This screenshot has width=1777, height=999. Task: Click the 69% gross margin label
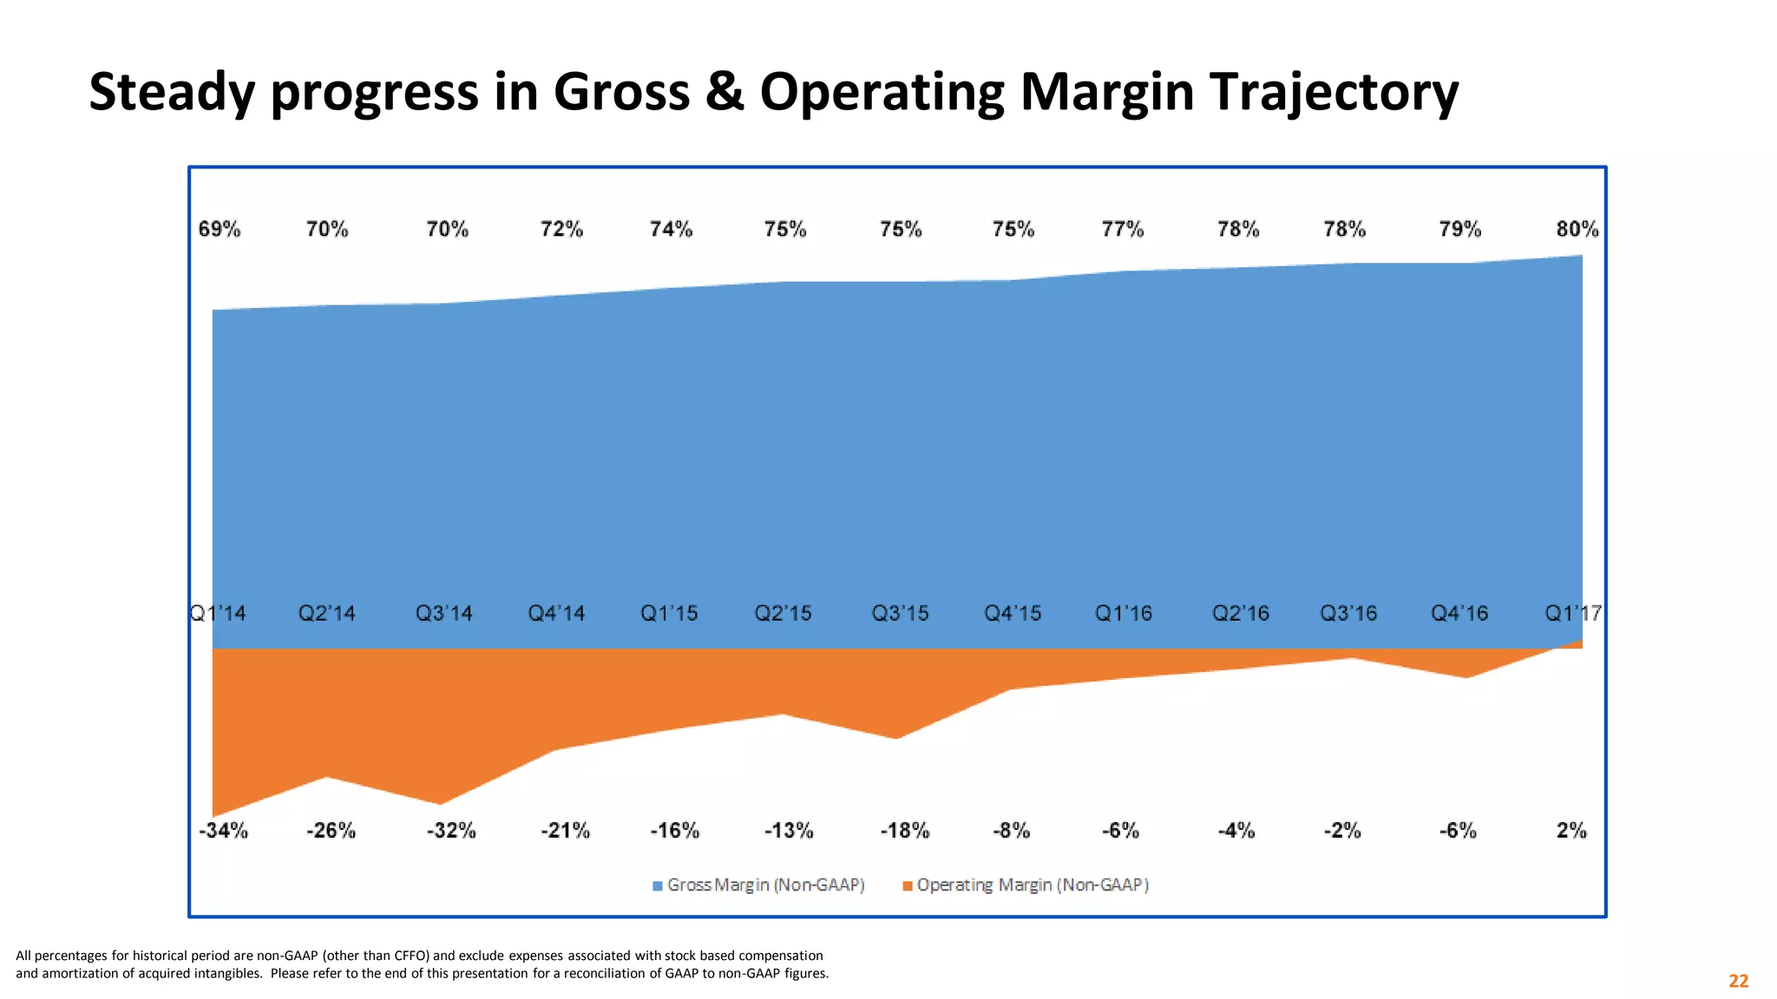pyautogui.click(x=220, y=229)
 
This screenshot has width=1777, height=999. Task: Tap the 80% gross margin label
pyautogui.click(x=1577, y=229)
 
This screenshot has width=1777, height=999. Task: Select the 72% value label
pyautogui.click(x=561, y=229)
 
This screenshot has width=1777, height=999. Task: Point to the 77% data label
pyautogui.click(x=1123, y=229)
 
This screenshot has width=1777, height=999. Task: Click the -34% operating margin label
pyautogui.click(x=224, y=831)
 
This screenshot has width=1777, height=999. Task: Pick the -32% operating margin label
pyautogui.click(x=451, y=831)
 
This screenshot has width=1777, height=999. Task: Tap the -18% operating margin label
pyautogui.click(x=905, y=831)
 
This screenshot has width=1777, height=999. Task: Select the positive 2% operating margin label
pyautogui.click(x=1571, y=831)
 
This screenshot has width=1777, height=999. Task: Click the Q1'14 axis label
pyautogui.click(x=218, y=614)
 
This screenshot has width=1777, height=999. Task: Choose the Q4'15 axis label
pyautogui.click(x=1013, y=614)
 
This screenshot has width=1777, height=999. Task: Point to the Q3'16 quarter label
pyautogui.click(x=1348, y=614)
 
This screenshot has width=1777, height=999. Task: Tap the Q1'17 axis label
pyautogui.click(x=1572, y=614)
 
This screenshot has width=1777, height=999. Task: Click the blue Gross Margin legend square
pyautogui.click(x=658, y=885)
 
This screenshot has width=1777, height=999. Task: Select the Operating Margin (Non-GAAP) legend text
pyautogui.click(x=1033, y=885)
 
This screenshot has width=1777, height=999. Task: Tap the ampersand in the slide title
pyautogui.click(x=725, y=92)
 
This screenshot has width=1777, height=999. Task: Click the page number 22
pyautogui.click(x=1738, y=981)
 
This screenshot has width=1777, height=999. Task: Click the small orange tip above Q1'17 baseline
pyautogui.click(x=1576, y=644)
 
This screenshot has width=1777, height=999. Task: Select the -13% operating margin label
pyautogui.click(x=789, y=831)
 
